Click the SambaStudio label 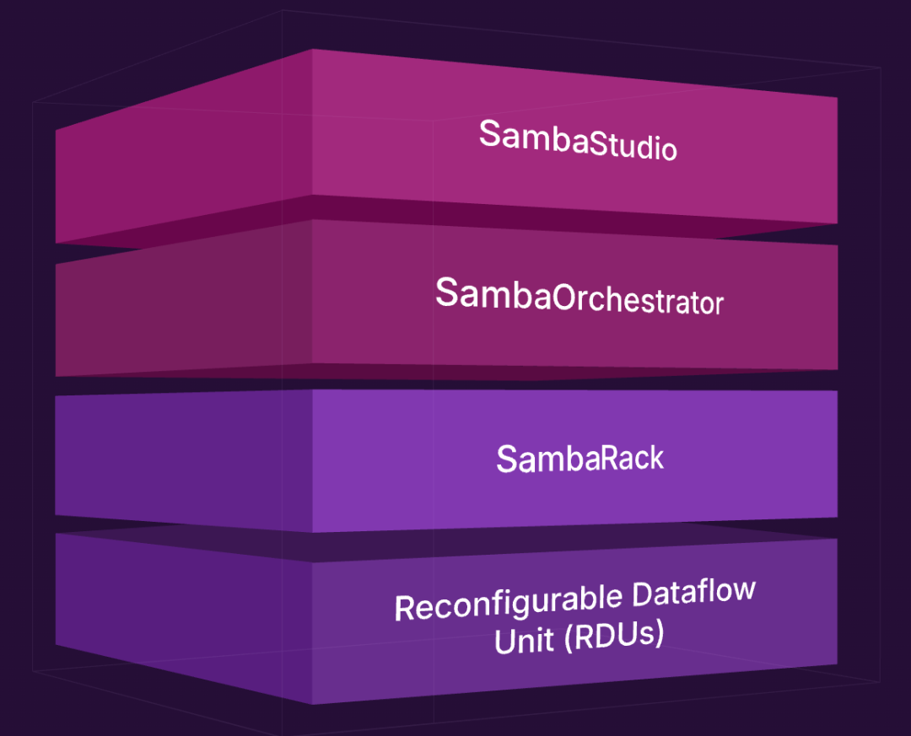tap(578, 140)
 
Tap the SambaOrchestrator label tap(579, 297)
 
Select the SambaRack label tap(580, 459)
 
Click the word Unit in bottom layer tap(524, 641)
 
